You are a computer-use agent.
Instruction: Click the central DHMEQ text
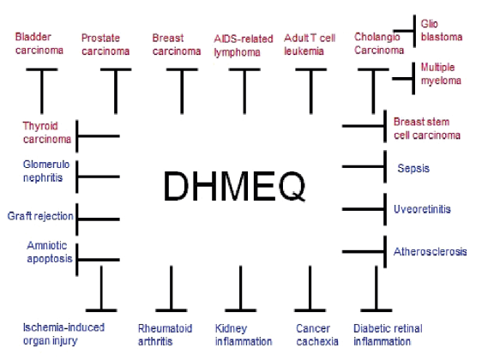(234, 186)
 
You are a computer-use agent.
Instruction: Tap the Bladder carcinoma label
(39, 43)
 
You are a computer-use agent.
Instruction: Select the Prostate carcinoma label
(105, 45)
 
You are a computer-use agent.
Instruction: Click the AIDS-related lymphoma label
(244, 45)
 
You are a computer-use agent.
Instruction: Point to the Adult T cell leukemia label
(310, 45)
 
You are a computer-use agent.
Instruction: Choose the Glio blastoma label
(442, 30)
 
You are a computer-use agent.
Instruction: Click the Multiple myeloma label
(441, 74)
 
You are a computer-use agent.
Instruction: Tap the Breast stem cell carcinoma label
(427, 129)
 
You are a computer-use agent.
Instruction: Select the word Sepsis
(413, 168)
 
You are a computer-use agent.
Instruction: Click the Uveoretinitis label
(422, 209)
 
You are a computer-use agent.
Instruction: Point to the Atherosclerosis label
(431, 251)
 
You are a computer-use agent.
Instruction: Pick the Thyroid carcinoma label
(47, 133)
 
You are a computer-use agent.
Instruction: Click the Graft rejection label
(40, 216)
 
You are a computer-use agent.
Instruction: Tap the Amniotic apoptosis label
(50, 252)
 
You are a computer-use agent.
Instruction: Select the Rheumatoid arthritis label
(165, 335)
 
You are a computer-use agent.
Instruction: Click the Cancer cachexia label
(317, 335)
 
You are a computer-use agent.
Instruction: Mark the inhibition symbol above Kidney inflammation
(241, 289)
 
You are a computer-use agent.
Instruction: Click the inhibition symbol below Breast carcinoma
(182, 91)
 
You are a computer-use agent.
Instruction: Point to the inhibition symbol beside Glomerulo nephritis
(98, 177)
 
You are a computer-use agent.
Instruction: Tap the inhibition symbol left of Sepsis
(364, 167)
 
